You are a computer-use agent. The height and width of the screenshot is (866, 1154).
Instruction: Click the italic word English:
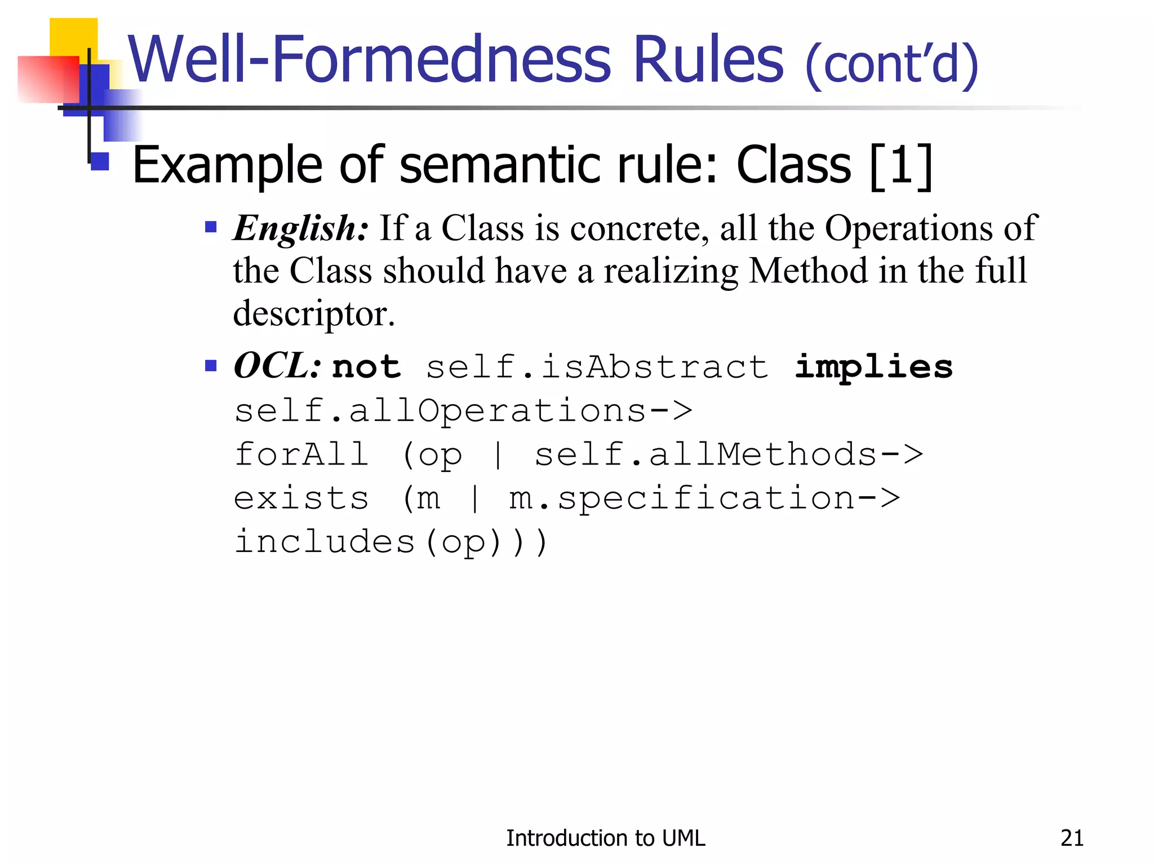(x=301, y=228)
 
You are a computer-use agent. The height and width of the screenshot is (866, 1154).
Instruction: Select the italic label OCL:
(x=277, y=366)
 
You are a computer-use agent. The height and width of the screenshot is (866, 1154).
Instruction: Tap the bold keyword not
(x=366, y=367)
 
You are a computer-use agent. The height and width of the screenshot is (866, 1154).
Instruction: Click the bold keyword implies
(x=873, y=367)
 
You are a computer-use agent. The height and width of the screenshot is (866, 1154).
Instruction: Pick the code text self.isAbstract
(x=597, y=367)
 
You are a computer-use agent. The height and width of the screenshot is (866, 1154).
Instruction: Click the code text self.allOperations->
(x=463, y=411)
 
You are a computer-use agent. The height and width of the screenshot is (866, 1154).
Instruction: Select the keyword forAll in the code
(x=301, y=454)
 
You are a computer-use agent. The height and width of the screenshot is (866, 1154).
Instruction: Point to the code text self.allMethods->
(x=729, y=454)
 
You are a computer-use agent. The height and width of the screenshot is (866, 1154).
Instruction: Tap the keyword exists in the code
(x=301, y=498)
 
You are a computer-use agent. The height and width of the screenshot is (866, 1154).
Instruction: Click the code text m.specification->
(x=704, y=498)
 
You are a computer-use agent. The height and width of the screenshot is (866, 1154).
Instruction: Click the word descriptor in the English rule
(x=313, y=313)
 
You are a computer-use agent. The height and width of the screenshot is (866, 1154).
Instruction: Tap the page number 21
(x=1072, y=838)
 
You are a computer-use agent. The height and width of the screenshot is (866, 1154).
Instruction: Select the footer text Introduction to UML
(x=605, y=838)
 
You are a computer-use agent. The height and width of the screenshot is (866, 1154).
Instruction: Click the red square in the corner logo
(x=48, y=79)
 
